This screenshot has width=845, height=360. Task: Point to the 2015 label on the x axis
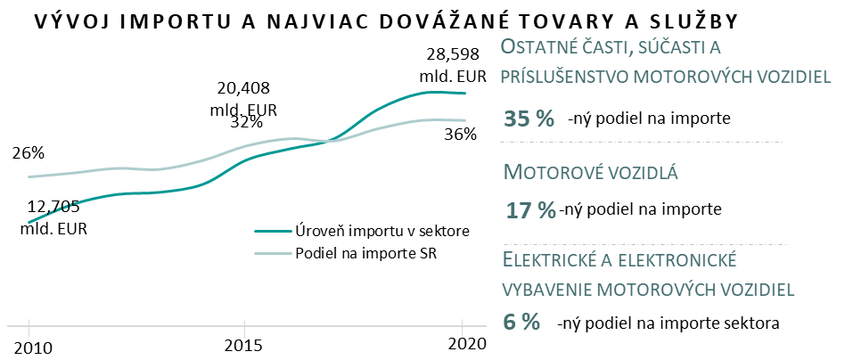click(x=246, y=345)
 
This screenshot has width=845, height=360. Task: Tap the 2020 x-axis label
click(x=464, y=345)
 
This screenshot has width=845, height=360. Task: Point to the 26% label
click(x=29, y=153)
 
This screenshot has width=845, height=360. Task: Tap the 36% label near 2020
click(x=461, y=135)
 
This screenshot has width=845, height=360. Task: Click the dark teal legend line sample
click(x=271, y=231)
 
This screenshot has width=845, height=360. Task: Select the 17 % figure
click(x=531, y=210)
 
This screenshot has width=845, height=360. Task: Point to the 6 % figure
click(x=523, y=322)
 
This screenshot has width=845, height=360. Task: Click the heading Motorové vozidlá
click(x=592, y=172)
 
